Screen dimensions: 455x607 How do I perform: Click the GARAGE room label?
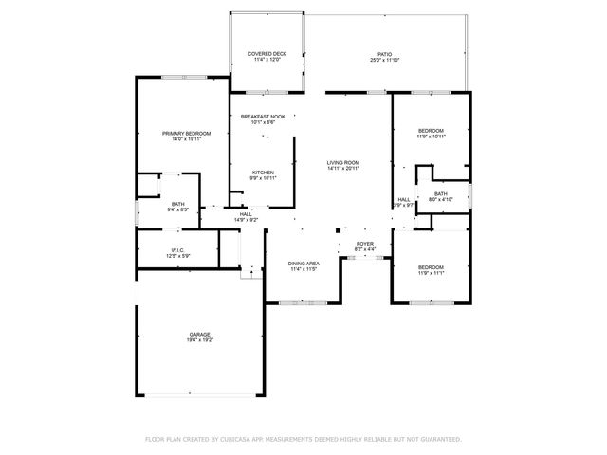(x=199, y=335)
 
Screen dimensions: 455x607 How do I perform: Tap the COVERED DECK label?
(x=267, y=54)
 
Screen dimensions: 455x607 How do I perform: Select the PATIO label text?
(x=384, y=54)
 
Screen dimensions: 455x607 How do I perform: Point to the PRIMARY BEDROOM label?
(x=186, y=134)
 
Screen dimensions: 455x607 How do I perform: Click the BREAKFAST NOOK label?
(x=263, y=116)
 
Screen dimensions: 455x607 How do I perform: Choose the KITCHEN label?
(x=263, y=172)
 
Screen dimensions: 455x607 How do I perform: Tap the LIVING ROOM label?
(x=343, y=163)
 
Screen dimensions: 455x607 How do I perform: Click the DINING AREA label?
(x=303, y=263)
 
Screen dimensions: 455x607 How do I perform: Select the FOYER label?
(x=365, y=244)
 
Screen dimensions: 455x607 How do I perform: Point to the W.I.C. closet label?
(x=178, y=250)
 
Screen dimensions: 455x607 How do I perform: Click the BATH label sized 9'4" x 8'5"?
(x=178, y=204)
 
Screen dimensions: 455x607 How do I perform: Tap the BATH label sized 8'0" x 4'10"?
(x=441, y=193)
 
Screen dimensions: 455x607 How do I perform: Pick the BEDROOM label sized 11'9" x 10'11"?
(x=432, y=130)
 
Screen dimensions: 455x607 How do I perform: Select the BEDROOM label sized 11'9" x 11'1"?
(x=432, y=267)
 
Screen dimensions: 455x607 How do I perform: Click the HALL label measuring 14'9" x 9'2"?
(x=246, y=214)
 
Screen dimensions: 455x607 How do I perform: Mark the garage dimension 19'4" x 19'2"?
(x=199, y=340)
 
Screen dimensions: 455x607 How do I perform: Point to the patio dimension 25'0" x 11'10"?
(x=384, y=60)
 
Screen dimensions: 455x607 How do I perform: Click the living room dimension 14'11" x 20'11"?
(x=343, y=169)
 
